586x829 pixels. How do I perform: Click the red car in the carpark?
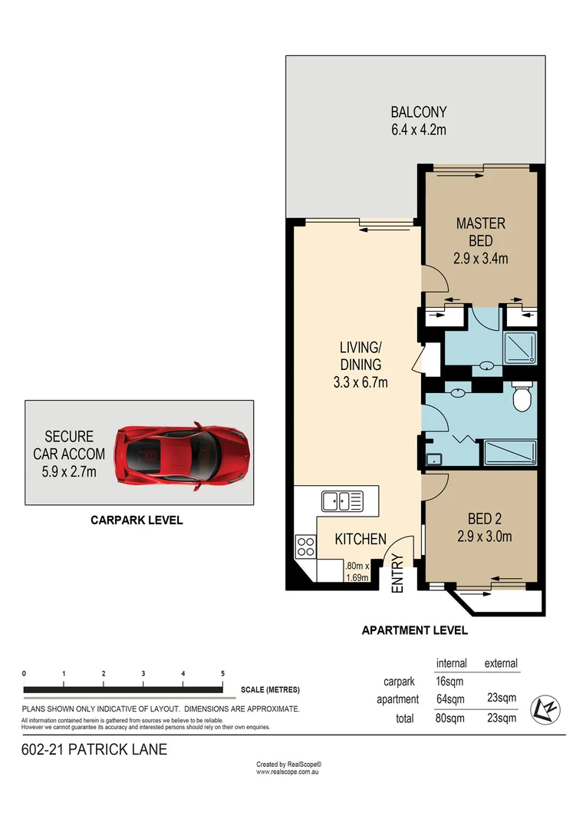[181, 456]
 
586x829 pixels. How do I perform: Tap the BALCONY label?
[418, 112]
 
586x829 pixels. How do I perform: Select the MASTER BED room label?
[480, 231]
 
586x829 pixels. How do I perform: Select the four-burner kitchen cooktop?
[305, 547]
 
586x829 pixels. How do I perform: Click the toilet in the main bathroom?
[522, 398]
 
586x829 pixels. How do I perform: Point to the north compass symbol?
[546, 707]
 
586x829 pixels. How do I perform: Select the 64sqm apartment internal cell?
[450, 699]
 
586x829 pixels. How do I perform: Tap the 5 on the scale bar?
[222, 673]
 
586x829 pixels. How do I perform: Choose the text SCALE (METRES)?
[270, 689]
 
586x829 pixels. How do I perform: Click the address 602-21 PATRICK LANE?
[94, 750]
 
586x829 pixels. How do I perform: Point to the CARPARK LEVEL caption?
[137, 520]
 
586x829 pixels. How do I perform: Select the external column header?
[500, 663]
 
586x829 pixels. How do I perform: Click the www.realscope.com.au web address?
[288, 771]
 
